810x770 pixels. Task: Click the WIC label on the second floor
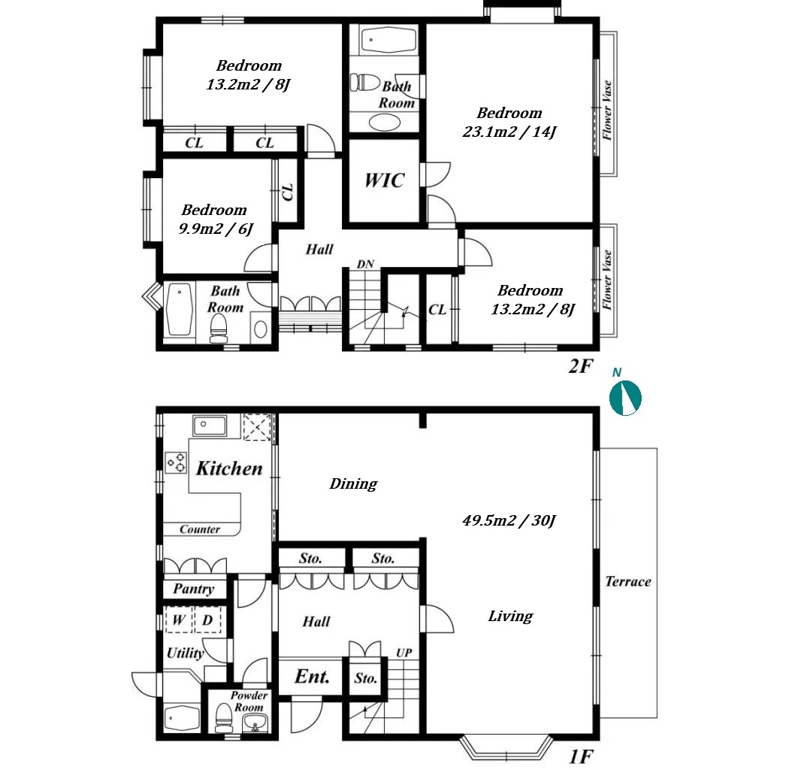(x=385, y=180)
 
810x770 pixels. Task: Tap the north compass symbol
(x=625, y=398)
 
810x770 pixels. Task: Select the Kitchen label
(x=229, y=468)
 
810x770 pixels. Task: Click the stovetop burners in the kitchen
(x=176, y=462)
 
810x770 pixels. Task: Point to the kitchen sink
(x=209, y=426)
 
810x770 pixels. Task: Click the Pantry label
(x=194, y=589)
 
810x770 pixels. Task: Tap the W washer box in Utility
(x=179, y=620)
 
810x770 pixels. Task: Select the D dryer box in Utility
(x=207, y=620)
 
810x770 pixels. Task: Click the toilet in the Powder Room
(x=224, y=718)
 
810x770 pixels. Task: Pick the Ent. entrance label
(x=312, y=677)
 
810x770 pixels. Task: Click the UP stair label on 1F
(x=404, y=653)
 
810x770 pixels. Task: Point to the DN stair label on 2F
(x=365, y=264)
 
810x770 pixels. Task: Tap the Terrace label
(x=628, y=582)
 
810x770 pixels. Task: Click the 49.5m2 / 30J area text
(x=509, y=520)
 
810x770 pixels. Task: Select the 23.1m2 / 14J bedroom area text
(x=509, y=132)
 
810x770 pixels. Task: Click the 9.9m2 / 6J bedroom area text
(x=216, y=229)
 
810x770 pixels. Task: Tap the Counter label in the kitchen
(x=200, y=529)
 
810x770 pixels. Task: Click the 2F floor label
(x=581, y=366)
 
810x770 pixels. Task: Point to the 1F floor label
(x=581, y=757)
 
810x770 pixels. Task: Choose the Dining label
(x=354, y=484)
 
